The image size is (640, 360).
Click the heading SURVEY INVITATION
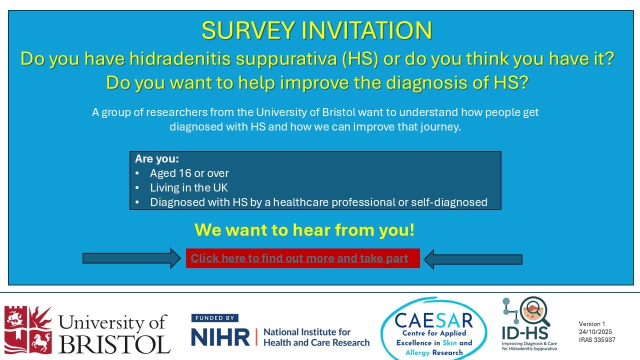(317, 30)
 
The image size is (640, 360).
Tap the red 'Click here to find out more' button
(303, 258)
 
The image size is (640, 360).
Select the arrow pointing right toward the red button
(131, 258)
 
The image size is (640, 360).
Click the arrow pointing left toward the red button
(473, 259)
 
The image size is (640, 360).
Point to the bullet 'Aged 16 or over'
(189, 173)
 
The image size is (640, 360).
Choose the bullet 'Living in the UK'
(189, 187)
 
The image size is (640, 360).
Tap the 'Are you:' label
(157, 158)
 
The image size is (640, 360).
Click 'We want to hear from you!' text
(304, 229)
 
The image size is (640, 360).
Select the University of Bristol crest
(28, 330)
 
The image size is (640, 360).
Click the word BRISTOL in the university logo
(114, 344)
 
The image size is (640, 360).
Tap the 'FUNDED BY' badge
(215, 318)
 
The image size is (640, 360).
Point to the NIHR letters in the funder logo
(220, 337)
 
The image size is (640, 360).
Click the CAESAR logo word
(433, 320)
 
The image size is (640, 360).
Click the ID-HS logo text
(525, 333)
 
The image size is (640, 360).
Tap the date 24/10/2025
(595, 331)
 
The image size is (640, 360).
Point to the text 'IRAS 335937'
(597, 339)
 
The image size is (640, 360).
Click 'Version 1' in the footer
(592, 323)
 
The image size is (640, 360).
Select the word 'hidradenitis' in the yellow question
(180, 58)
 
